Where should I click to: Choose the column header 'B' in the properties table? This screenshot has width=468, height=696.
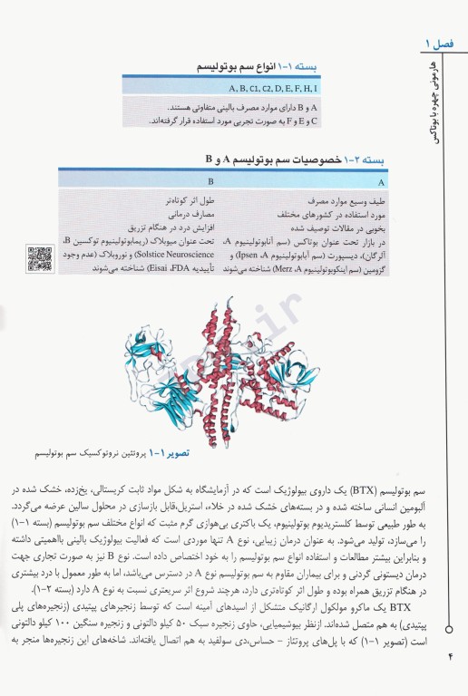pos(210,179)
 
